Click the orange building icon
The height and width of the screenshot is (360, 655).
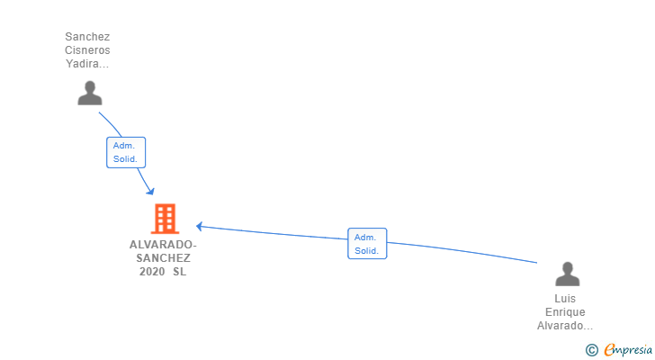(164, 219)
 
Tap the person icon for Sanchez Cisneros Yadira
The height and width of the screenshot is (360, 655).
(89, 93)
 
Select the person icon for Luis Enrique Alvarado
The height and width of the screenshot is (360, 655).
(567, 274)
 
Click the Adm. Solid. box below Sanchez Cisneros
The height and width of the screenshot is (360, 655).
(125, 152)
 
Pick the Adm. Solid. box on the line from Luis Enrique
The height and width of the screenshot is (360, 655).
(366, 244)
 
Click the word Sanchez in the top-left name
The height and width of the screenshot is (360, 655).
(87, 37)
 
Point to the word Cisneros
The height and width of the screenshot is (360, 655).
(87, 50)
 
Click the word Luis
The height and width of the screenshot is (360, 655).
(566, 299)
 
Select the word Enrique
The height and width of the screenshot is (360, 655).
(565, 312)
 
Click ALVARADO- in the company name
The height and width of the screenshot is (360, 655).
(163, 245)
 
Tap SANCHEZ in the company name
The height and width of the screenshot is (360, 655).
(163, 258)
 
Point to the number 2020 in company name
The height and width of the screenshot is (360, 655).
(152, 272)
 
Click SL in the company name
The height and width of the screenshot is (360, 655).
(180, 272)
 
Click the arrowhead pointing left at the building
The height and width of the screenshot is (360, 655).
(201, 226)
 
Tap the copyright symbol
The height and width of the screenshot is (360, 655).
(591, 350)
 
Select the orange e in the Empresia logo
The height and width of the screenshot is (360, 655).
(609, 350)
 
